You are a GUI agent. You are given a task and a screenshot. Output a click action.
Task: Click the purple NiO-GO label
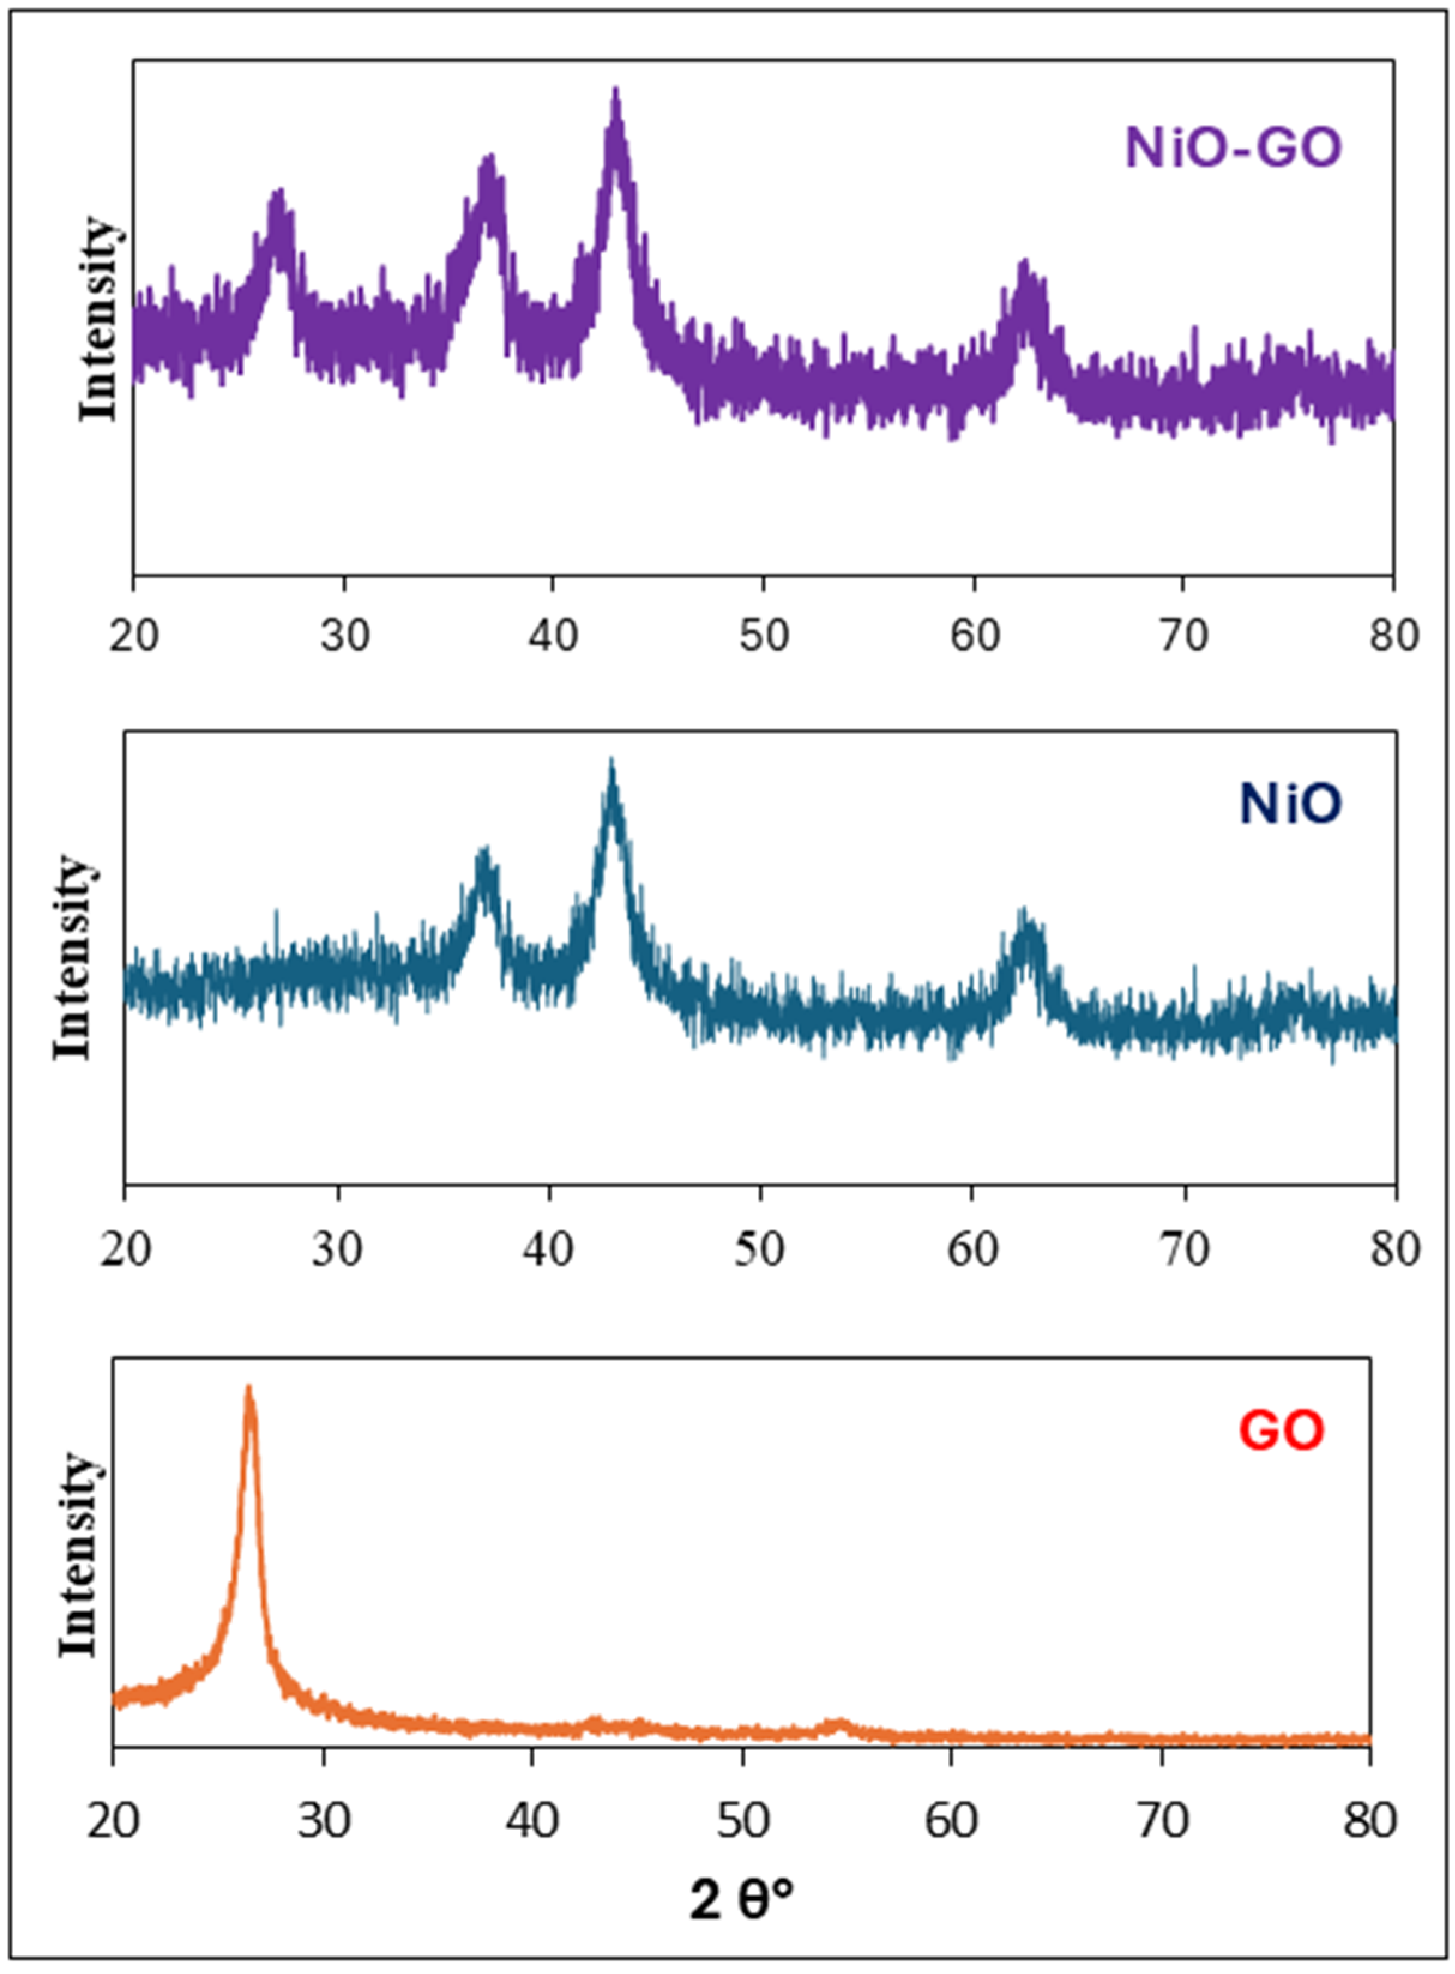pyautogui.click(x=1233, y=148)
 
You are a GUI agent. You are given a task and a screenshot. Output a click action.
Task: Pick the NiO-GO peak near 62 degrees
pyautogui.click(x=1023, y=264)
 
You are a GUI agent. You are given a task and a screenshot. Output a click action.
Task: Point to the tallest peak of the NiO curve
pyautogui.click(x=611, y=762)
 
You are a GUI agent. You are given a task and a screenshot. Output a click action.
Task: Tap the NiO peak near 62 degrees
pyautogui.click(x=1023, y=912)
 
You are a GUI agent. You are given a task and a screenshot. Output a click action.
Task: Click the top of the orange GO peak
pyautogui.click(x=248, y=1389)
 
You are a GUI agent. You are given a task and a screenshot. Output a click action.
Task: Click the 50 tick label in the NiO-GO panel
pyautogui.click(x=763, y=636)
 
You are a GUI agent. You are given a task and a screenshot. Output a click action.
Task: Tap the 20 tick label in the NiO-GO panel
pyautogui.click(x=134, y=636)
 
